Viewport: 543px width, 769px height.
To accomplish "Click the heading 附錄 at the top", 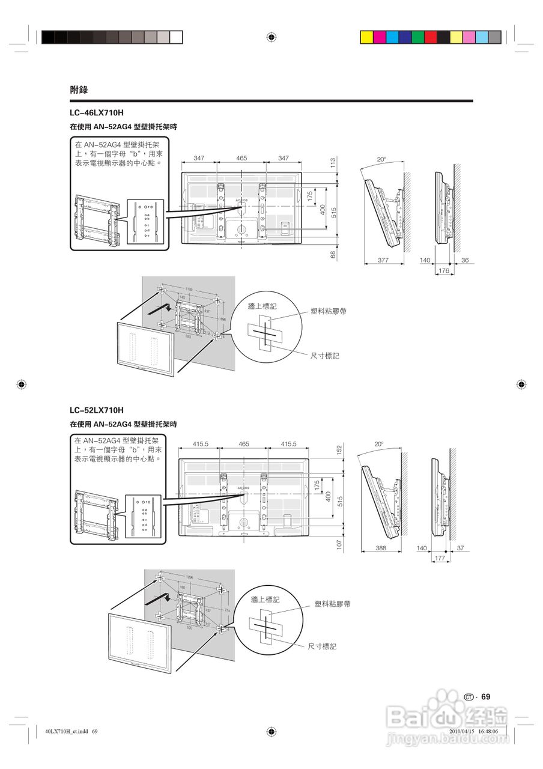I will point(79,90).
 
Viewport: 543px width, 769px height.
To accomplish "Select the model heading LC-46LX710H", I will point(96,112).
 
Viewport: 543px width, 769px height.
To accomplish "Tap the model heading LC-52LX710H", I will point(96,410).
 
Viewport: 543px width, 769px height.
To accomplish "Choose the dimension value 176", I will point(443,271).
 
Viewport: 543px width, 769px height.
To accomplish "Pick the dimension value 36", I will point(464,260).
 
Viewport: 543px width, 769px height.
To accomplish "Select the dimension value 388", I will point(380,548).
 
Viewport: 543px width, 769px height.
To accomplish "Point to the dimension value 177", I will point(440,559).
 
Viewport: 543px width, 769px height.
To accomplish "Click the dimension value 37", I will point(460,548).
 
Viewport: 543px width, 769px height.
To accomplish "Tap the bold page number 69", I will point(486,697).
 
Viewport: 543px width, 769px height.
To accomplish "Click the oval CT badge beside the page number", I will point(470,697).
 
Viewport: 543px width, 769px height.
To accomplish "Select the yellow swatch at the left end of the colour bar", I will point(366,37).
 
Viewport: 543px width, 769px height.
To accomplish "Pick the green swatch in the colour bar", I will point(417,37).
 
